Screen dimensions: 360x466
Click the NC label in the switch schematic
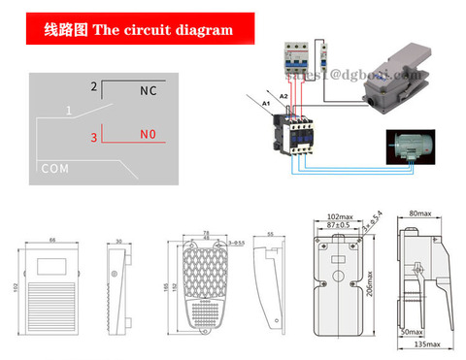pyautogui.click(x=148, y=91)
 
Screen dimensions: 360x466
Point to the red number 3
pyautogui.click(x=94, y=138)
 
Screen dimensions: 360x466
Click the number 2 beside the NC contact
pyautogui.click(x=94, y=87)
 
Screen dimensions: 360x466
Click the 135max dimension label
pyautogui.click(x=424, y=344)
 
